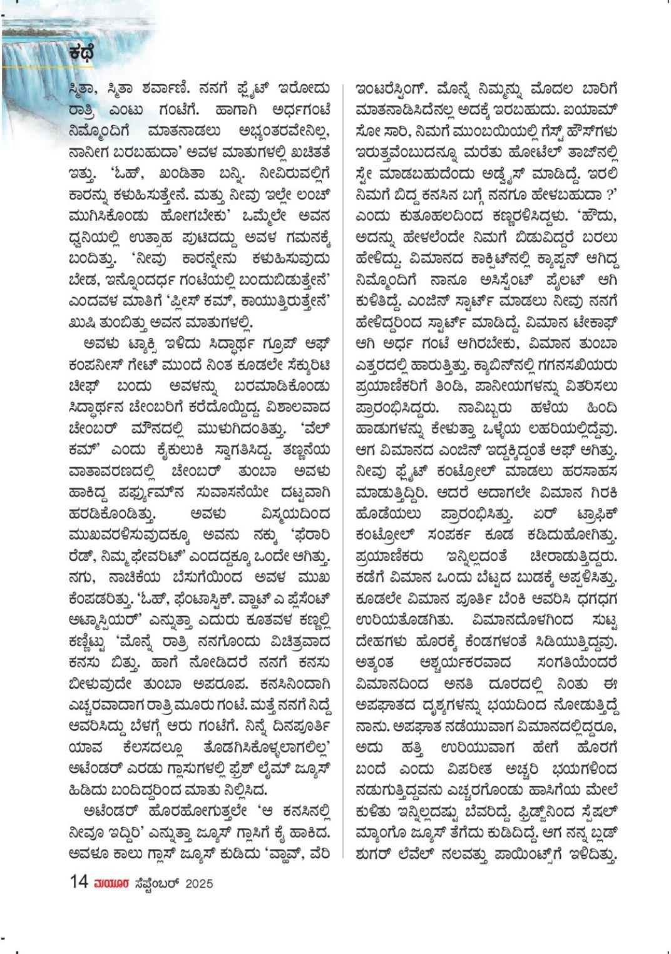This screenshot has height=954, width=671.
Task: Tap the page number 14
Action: [79, 882]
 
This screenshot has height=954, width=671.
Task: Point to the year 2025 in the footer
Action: [198, 883]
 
